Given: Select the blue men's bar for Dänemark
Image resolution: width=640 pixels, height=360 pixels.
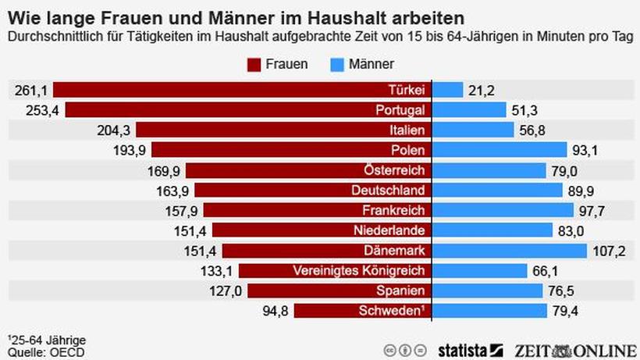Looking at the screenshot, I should (509, 250).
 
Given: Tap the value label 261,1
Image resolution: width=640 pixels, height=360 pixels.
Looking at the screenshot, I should (30, 91).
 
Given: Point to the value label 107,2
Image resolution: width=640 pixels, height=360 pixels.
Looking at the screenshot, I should (611, 251).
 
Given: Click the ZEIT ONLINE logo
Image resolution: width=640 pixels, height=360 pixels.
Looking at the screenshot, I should (574, 348).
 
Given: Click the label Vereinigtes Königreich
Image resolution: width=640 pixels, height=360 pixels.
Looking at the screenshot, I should (360, 270).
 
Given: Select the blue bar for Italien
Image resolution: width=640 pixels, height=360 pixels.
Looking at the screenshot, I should (472, 130).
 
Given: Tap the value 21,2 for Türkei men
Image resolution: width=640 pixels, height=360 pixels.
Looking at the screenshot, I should (482, 91).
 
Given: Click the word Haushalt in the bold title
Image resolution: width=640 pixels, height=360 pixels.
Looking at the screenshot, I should (337, 15).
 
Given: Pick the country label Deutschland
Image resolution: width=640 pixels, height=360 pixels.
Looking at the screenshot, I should (386, 190).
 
